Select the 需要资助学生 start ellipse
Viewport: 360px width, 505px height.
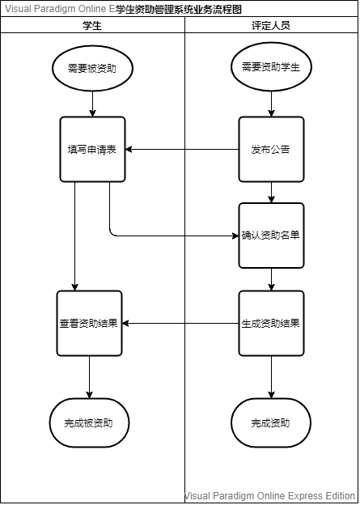point(271,66)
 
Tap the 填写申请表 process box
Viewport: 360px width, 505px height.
point(93,150)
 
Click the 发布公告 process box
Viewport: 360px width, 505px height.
point(271,150)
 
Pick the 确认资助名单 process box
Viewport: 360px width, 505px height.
point(271,236)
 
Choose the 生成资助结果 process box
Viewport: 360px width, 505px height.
point(271,323)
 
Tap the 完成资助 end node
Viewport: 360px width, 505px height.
point(271,422)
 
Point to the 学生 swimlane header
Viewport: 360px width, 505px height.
point(92,25)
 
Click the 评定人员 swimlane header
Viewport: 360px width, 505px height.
point(271,25)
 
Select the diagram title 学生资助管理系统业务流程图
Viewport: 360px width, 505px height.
point(179,10)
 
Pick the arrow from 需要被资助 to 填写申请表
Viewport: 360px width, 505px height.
point(93,103)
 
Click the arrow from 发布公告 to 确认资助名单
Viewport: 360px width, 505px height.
point(271,193)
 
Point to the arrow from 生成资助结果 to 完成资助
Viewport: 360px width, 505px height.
point(271,376)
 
